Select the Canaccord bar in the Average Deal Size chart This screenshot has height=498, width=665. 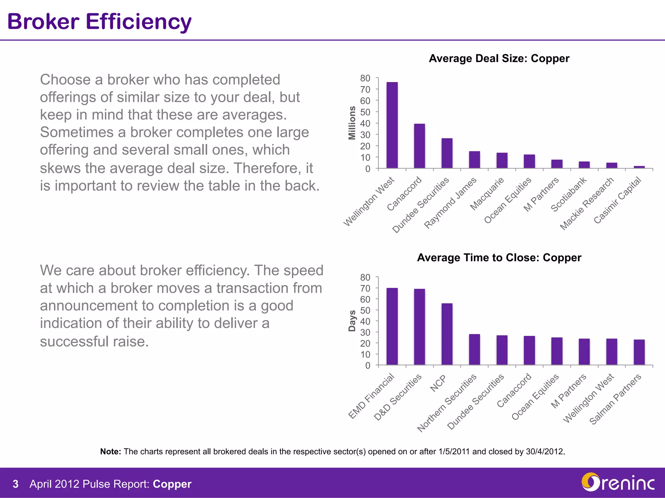(x=419, y=146)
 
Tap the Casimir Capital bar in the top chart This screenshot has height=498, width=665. (x=639, y=167)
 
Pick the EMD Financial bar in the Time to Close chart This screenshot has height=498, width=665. (x=392, y=326)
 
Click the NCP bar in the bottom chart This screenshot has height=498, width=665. (x=447, y=334)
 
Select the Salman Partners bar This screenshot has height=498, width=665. (x=639, y=352)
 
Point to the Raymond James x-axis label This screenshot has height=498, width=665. (x=450, y=203)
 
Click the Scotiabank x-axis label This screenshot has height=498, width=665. (x=569, y=195)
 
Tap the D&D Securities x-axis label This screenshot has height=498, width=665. (x=397, y=397)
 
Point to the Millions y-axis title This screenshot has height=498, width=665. (x=352, y=123)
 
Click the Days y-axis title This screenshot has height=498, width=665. (x=352, y=321)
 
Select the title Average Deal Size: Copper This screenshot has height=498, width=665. (x=499, y=58)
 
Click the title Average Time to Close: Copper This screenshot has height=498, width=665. (x=499, y=257)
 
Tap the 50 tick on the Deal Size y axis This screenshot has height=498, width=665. (x=365, y=112)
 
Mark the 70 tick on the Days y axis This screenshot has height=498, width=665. (x=365, y=288)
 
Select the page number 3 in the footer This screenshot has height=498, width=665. (x=15, y=484)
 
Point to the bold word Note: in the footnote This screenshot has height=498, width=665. (x=110, y=452)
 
